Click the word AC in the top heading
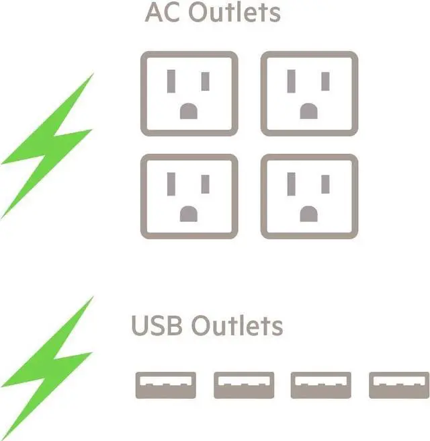tap(162, 12)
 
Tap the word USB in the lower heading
tap(157, 326)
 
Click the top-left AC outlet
tap(189, 93)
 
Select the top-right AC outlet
tap(309, 93)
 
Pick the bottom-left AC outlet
tap(189, 196)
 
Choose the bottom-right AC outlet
tap(309, 196)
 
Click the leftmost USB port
tap(166, 385)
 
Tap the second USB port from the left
tap(244, 385)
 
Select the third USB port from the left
tap(321, 385)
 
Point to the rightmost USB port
tap(399, 385)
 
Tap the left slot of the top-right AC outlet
tap(292, 81)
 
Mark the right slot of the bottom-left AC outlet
tap(206, 184)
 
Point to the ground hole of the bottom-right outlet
tap(309, 214)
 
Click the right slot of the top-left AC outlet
tap(206, 81)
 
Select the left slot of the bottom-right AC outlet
tap(292, 184)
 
